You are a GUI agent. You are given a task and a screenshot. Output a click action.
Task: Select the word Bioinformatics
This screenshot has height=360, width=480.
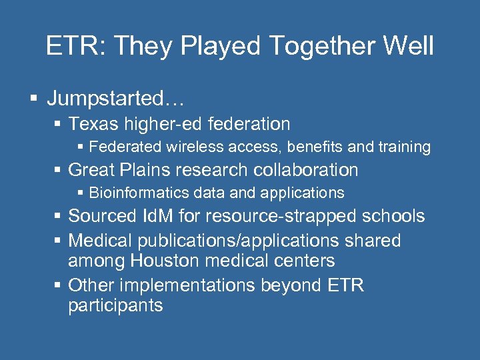[x=131, y=193]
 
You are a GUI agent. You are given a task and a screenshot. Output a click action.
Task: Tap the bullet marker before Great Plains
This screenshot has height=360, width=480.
[x=59, y=171]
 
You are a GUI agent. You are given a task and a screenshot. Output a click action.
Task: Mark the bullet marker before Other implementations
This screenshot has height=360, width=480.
[x=59, y=285]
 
